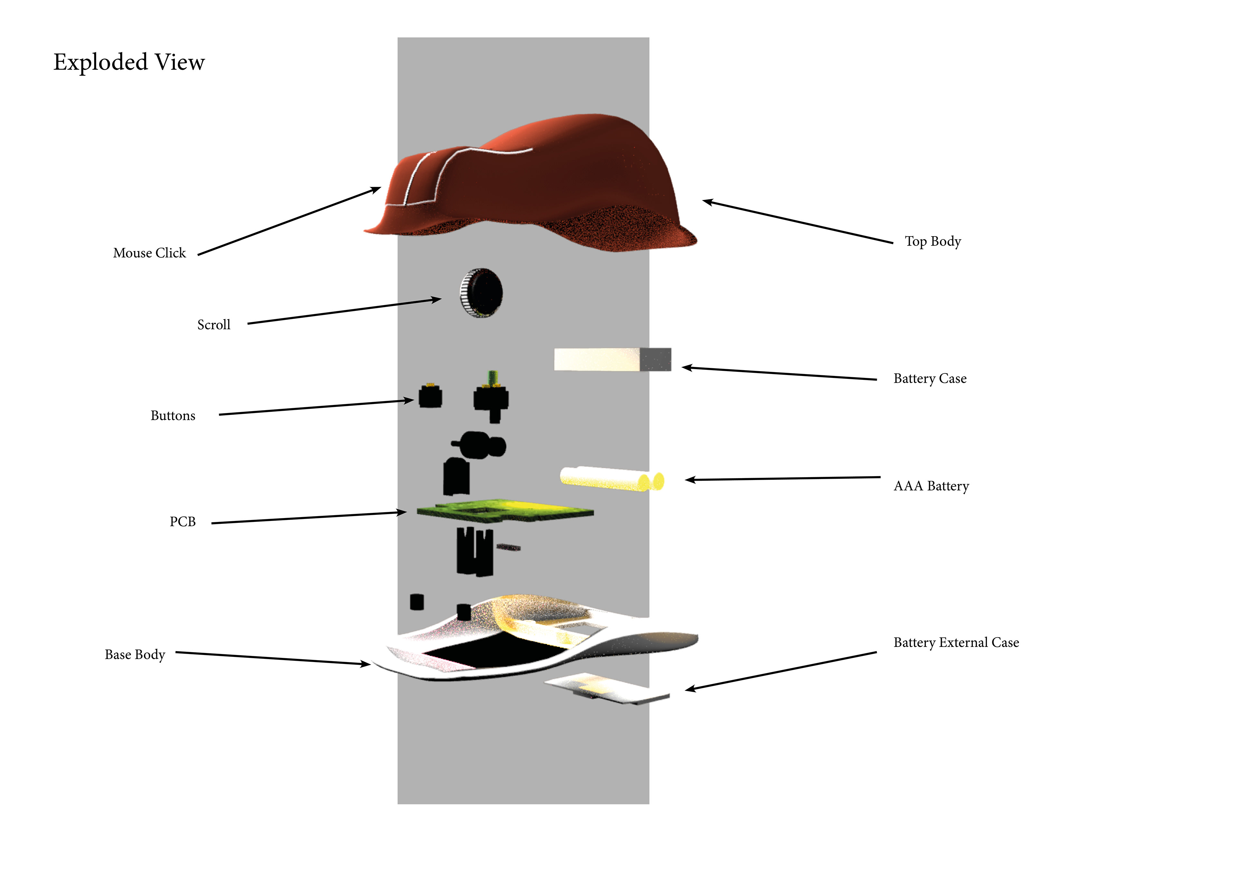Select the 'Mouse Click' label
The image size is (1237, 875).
pyautogui.click(x=149, y=253)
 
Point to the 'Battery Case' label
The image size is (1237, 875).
pyautogui.click(x=930, y=379)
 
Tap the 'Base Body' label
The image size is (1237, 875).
pyautogui.click(x=135, y=655)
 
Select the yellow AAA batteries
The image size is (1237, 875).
pyautogui.click(x=611, y=478)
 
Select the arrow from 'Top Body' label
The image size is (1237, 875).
pyautogui.click(x=797, y=222)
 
